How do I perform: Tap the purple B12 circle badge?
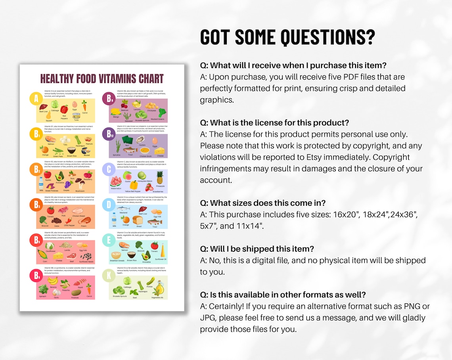tap(109, 134)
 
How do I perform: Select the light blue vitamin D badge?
tap(109, 205)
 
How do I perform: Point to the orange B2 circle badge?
tap(36, 170)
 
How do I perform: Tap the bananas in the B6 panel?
tap(53, 281)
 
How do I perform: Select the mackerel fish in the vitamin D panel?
tap(123, 209)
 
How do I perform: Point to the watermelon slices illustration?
tap(115, 182)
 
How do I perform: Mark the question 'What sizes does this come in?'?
tap(263, 203)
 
